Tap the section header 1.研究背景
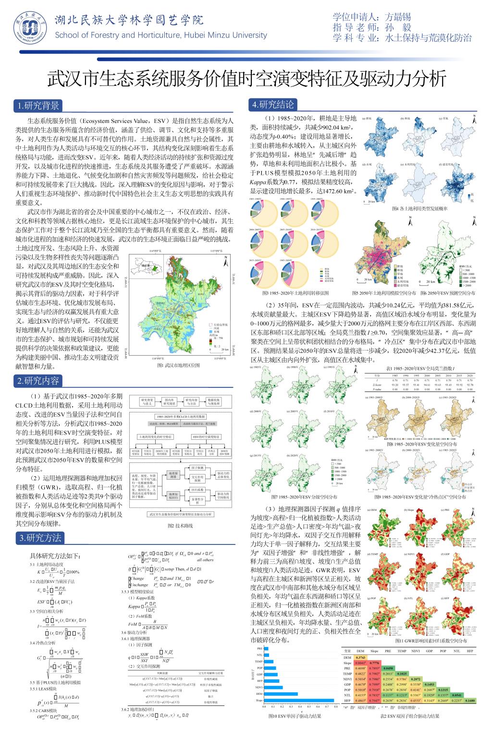(x=38, y=106)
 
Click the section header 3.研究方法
(x=40, y=538)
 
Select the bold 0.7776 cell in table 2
(x=374, y=663)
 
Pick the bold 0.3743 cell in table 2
(x=360, y=657)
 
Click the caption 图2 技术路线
(x=180, y=526)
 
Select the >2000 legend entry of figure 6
(x=467, y=286)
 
